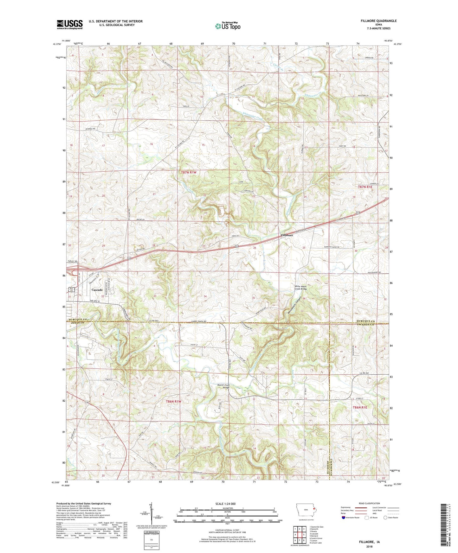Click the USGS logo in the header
pos(70,24)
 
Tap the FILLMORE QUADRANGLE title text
pos(378,21)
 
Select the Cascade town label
pos(97,290)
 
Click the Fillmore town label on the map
pos(287,235)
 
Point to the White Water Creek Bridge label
pos(301,287)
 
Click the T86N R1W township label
pos(174,401)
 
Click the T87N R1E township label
pos(365,187)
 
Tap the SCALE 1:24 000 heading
pos(227,504)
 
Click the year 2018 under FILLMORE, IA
pos(369,547)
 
